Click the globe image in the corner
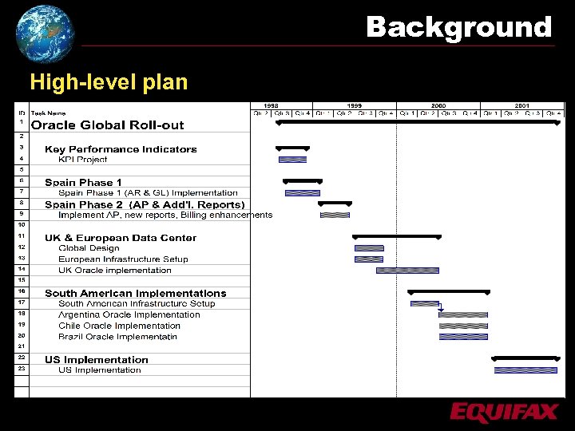click(x=45, y=33)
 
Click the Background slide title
click(x=458, y=27)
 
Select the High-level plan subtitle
click(x=109, y=82)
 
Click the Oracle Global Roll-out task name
click(x=107, y=125)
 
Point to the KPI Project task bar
click(x=292, y=160)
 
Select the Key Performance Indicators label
click(x=121, y=148)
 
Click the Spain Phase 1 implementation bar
click(x=303, y=192)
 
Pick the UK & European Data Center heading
click(x=121, y=237)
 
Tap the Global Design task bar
click(x=369, y=248)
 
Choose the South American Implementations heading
click(x=136, y=293)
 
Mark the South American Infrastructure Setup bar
click(x=424, y=303)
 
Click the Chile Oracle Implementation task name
click(x=120, y=326)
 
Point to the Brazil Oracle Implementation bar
click(x=463, y=337)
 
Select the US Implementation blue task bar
click(x=525, y=370)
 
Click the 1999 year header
click(x=354, y=106)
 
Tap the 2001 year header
click(x=521, y=106)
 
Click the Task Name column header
click(x=49, y=113)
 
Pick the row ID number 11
click(x=22, y=236)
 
